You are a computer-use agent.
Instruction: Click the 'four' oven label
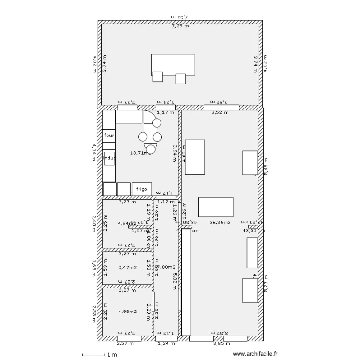point(109,136)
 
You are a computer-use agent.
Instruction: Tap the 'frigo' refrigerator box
point(142,189)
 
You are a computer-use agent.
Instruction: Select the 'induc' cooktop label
point(109,158)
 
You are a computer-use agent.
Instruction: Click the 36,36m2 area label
point(220,222)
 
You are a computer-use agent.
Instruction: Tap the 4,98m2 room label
point(127,311)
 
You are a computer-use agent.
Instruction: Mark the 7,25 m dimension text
point(180,26)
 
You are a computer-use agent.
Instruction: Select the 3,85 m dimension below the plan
point(222,343)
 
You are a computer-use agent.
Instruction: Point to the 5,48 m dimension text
point(265,166)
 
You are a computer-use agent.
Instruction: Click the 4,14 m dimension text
point(95,153)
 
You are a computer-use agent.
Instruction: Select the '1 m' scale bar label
point(112,355)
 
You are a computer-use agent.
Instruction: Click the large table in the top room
point(173,64)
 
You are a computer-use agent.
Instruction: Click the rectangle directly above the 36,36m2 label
point(216,207)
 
